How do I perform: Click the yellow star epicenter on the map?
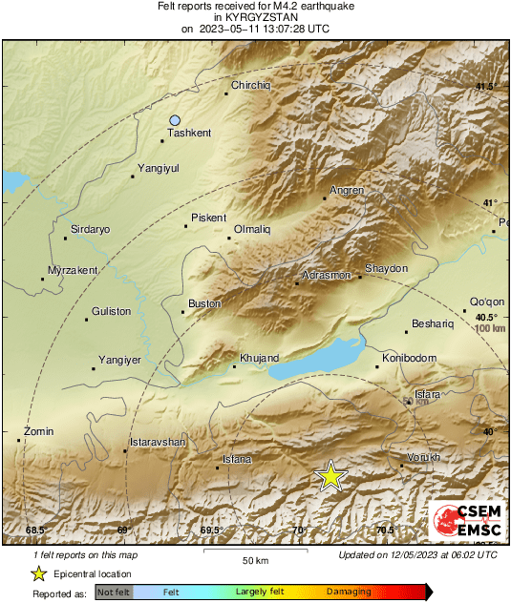[330, 475]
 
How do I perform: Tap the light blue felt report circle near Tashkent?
[175, 120]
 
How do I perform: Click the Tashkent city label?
[189, 133]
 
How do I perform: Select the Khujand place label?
[259, 358]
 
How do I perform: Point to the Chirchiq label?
[251, 85]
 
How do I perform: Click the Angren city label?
[347, 190]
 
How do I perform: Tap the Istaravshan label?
[157, 443]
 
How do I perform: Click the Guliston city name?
[112, 311]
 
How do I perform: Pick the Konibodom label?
[409, 358]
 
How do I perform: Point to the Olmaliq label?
[253, 229]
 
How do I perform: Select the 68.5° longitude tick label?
[35, 530]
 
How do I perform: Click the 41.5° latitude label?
[485, 87]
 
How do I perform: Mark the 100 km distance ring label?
[489, 328]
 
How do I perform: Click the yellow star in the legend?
[38, 573]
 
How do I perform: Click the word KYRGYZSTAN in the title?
[255, 16]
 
